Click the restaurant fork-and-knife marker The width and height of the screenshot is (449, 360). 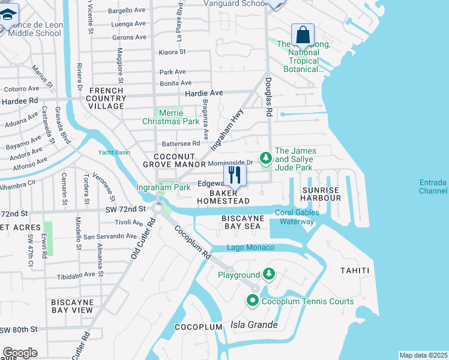coord(235,176)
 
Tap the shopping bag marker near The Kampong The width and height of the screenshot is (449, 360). coord(303,35)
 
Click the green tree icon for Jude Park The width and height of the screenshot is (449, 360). coord(265,158)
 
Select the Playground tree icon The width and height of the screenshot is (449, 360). coord(269,275)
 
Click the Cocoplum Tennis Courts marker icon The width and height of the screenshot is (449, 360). coord(253,301)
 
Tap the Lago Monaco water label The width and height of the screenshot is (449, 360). coord(250,248)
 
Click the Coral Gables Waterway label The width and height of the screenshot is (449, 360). coord(295,217)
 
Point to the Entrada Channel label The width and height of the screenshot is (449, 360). coord(433,187)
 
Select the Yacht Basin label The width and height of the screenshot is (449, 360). coord(114,152)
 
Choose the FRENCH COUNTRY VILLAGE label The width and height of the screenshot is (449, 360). coord(107,98)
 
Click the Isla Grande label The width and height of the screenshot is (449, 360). coord(254,325)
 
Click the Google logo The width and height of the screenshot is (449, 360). coord(19,353)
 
